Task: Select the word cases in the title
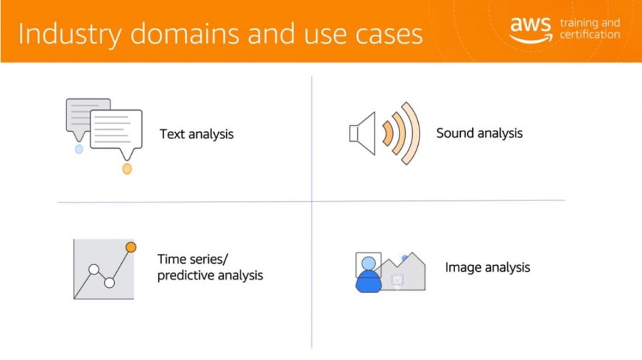(x=389, y=35)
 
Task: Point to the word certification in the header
(x=590, y=34)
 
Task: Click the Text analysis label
(x=197, y=134)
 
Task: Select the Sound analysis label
(x=479, y=133)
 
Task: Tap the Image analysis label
(x=488, y=267)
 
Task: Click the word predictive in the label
(x=185, y=276)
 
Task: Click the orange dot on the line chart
(x=131, y=247)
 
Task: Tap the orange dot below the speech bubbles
(x=127, y=168)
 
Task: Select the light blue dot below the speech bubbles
(x=79, y=149)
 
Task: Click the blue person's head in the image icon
(x=369, y=263)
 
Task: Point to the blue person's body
(x=369, y=282)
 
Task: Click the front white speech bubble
(x=116, y=129)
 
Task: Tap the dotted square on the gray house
(x=397, y=280)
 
